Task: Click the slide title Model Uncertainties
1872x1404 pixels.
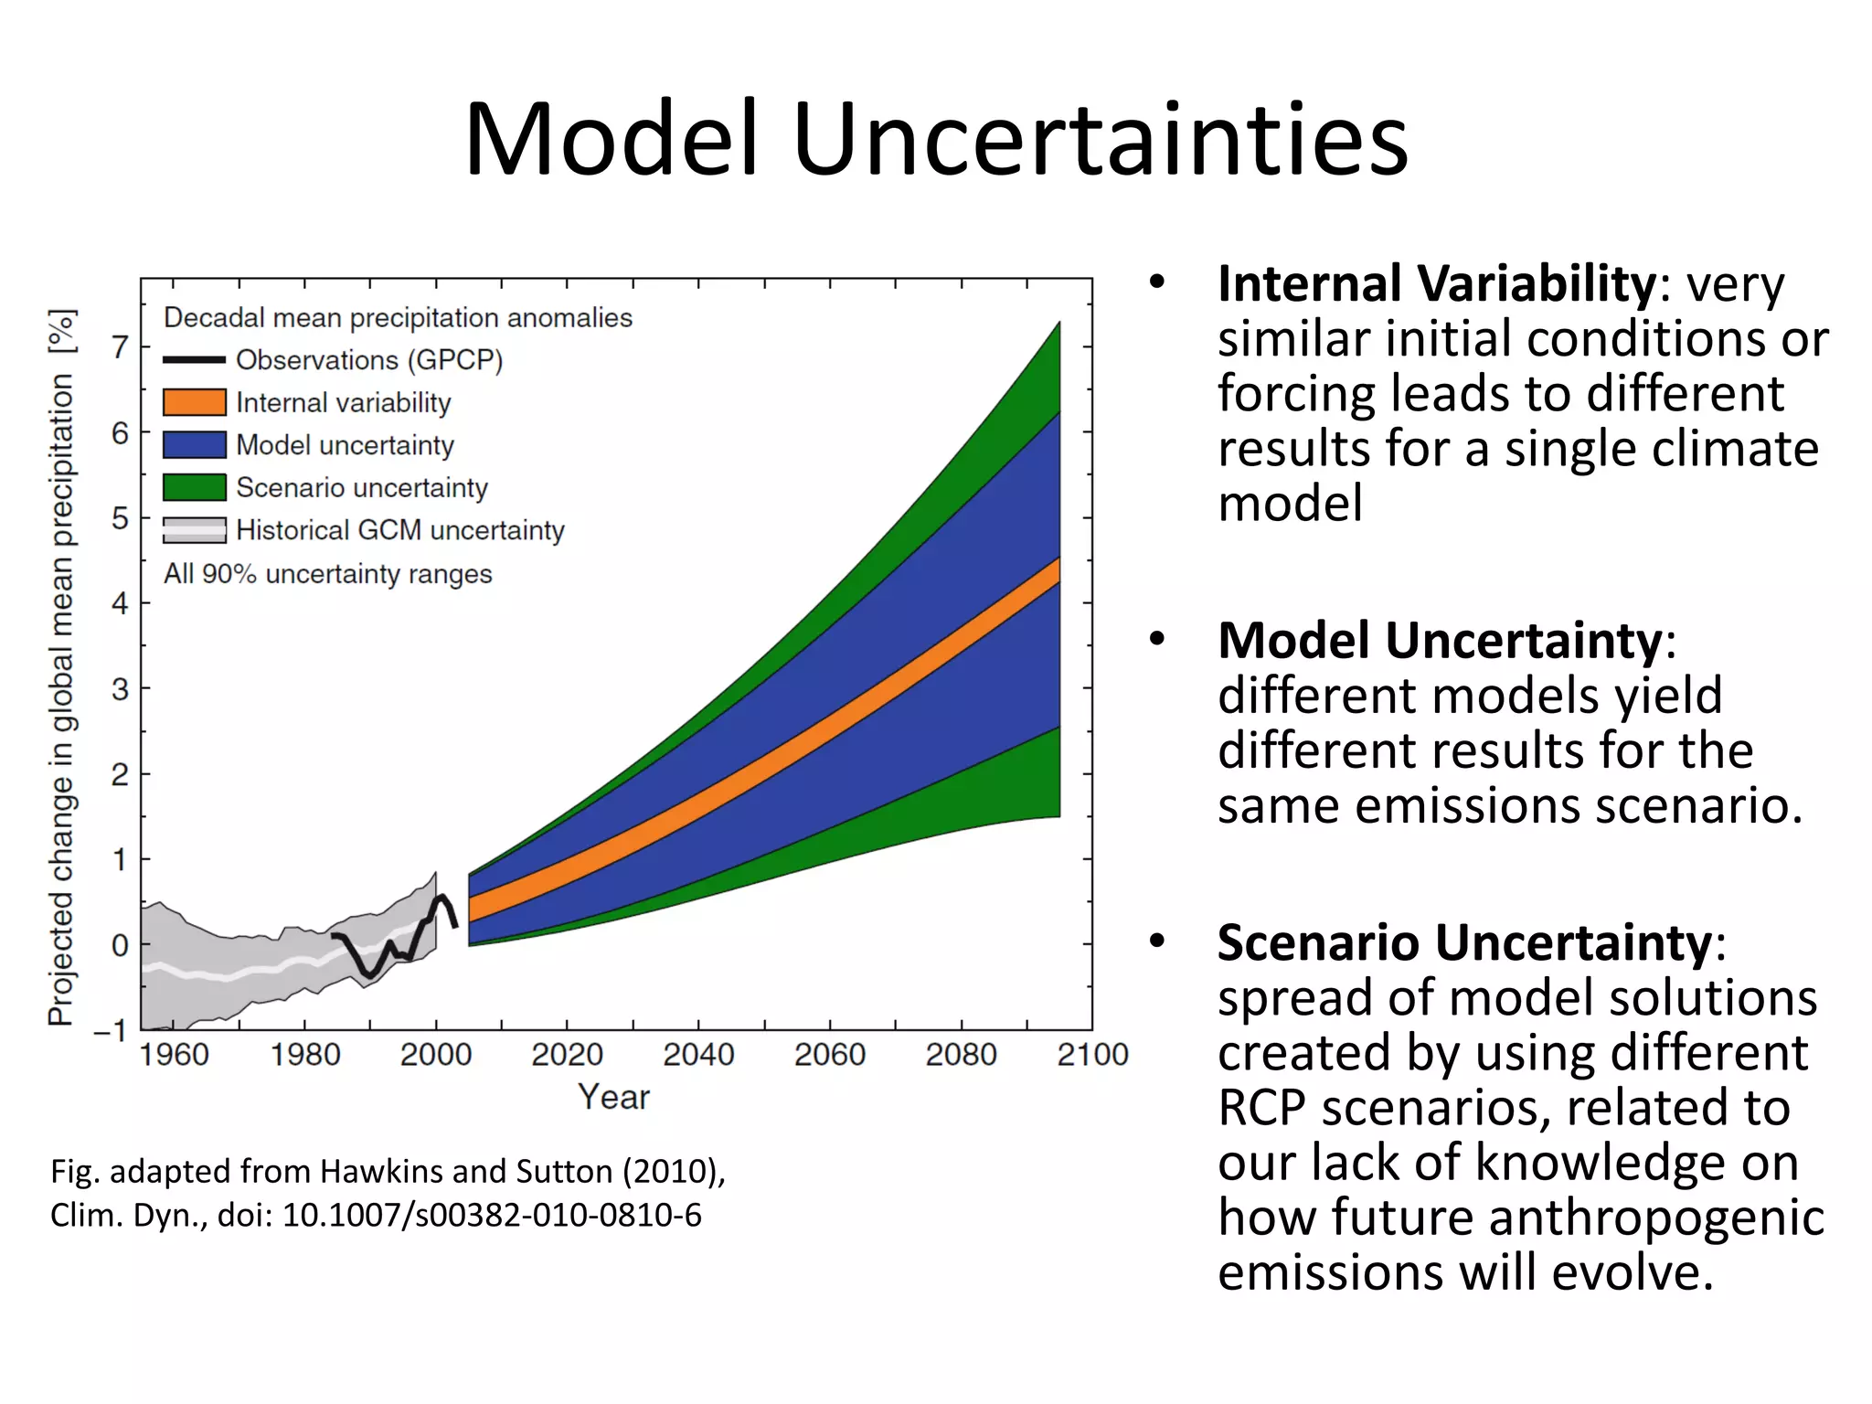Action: click(x=936, y=139)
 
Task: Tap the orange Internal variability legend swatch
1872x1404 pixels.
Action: click(x=194, y=402)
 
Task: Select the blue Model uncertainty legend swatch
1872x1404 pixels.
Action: click(x=194, y=445)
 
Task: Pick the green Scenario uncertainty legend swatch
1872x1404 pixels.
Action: click(x=194, y=487)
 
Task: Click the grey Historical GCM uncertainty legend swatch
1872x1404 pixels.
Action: click(x=194, y=530)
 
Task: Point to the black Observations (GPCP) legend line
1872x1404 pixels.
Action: click(x=194, y=360)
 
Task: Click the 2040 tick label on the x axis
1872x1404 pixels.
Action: click(x=698, y=1055)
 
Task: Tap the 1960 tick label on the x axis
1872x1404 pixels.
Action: click(x=174, y=1055)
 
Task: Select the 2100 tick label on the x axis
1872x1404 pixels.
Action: click(x=1092, y=1055)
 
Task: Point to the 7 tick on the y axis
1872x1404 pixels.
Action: click(x=120, y=347)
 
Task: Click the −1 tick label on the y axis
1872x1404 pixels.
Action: click(x=111, y=1030)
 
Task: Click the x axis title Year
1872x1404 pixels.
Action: click(x=613, y=1097)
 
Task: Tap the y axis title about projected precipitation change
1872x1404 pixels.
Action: click(x=61, y=667)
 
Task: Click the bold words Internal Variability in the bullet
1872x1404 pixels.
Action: click(x=1436, y=284)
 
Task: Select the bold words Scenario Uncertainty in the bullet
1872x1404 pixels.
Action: click(x=1464, y=942)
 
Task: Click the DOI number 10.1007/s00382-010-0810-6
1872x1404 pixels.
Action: click(x=492, y=1216)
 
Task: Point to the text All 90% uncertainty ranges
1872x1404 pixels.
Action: click(x=327, y=574)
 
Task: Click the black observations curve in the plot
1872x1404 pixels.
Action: click(x=368, y=972)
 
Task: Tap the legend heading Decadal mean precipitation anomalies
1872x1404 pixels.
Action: click(x=398, y=318)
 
